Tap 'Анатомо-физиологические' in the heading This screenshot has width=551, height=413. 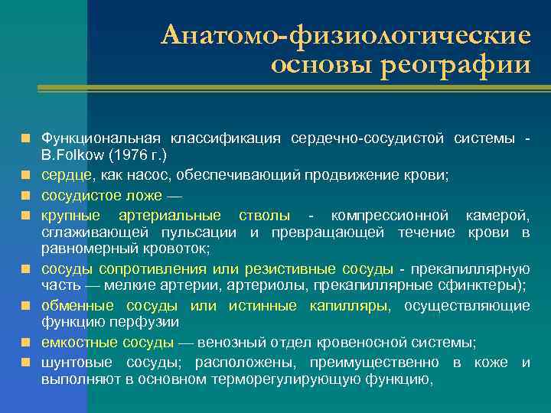point(346,34)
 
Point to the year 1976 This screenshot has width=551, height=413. point(122,155)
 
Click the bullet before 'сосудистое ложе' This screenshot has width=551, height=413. point(26,194)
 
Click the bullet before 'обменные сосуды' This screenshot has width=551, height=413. point(26,305)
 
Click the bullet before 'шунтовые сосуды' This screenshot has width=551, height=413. point(26,361)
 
